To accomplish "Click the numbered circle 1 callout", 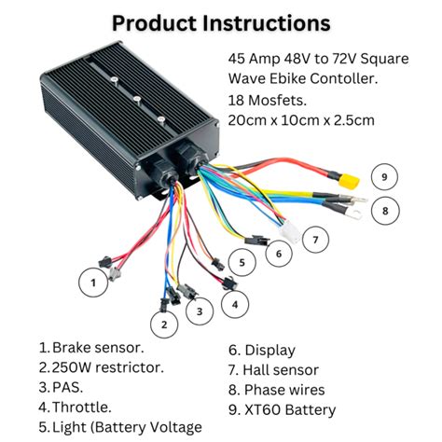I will click(93, 279).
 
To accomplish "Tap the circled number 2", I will click(165, 324).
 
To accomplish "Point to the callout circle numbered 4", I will click(235, 303).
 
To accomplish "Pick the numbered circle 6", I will click(277, 252).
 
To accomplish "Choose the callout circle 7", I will click(316, 240).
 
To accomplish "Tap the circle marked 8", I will click(383, 211).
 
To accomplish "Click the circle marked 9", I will click(384, 176).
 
